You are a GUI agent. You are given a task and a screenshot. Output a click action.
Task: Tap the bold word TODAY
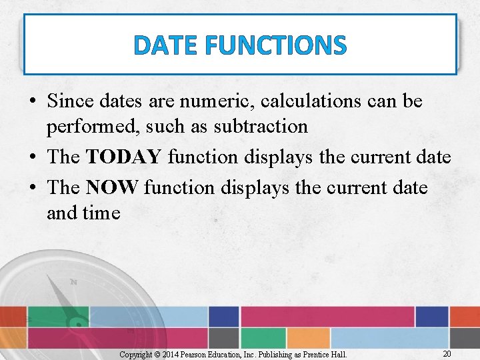(123, 157)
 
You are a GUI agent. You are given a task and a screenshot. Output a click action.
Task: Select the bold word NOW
(112, 187)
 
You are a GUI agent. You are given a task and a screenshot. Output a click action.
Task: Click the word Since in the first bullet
(71, 102)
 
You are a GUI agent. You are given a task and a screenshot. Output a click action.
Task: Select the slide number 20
(447, 353)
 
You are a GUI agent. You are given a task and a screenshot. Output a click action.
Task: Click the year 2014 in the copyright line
(169, 354)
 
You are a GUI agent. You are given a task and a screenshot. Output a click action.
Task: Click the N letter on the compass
(73, 283)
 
